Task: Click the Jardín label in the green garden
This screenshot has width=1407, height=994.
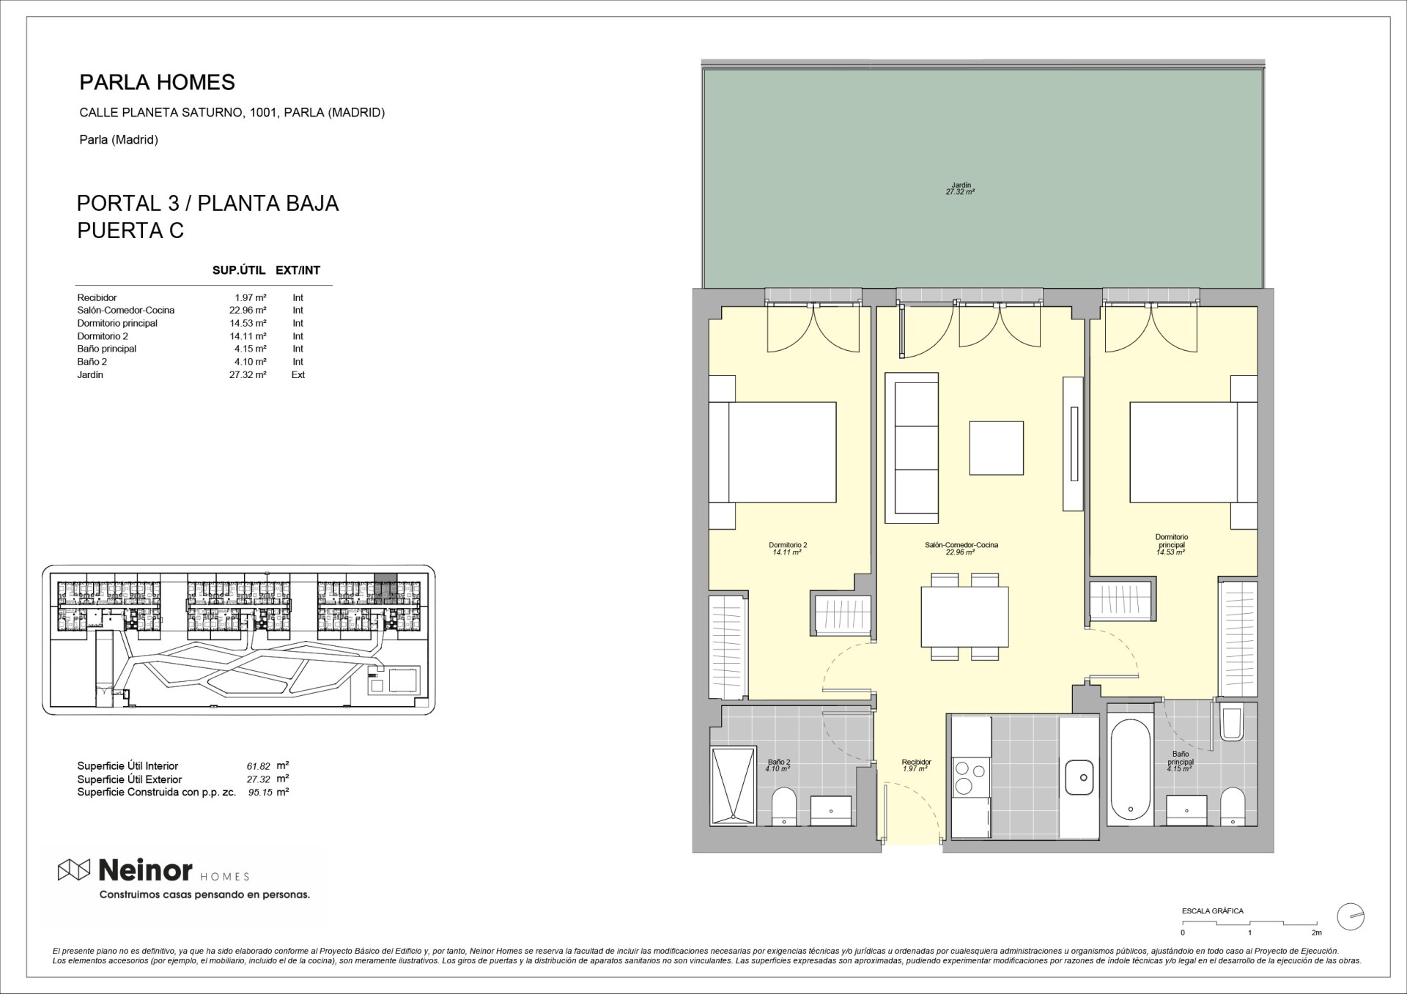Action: (x=960, y=185)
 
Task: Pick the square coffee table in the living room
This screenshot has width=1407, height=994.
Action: (x=997, y=448)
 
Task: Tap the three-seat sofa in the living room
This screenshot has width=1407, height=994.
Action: (x=912, y=448)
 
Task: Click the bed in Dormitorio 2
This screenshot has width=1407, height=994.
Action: (x=773, y=452)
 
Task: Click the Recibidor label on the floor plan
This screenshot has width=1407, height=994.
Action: (x=916, y=762)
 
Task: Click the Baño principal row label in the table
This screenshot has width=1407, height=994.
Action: (x=107, y=349)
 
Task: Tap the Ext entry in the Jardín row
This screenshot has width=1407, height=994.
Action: (x=298, y=374)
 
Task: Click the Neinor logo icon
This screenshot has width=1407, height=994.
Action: (x=74, y=869)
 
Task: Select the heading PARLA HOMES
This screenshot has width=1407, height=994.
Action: (x=157, y=82)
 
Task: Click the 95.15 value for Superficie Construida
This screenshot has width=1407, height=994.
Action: (x=260, y=792)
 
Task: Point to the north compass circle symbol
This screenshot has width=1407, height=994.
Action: (x=1351, y=916)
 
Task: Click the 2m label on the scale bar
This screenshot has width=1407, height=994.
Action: (x=1316, y=932)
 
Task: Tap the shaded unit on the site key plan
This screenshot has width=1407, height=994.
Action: (x=385, y=587)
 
